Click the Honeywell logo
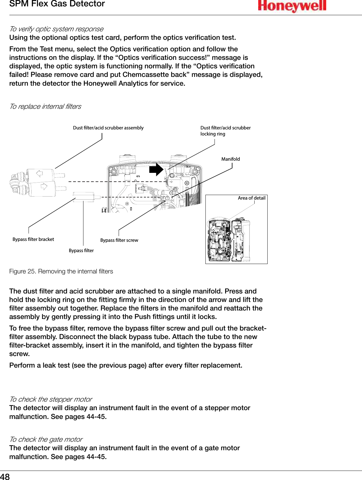point(292,6)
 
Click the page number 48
point(5,476)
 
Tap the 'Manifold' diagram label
point(230,159)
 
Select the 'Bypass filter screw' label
point(119,240)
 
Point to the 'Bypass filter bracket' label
point(33,239)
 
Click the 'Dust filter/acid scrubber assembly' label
point(108,128)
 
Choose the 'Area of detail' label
point(252,198)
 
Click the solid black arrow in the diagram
point(156,170)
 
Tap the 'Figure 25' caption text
point(61,271)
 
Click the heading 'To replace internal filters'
point(45,106)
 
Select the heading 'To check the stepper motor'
point(51,399)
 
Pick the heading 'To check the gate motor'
point(46,439)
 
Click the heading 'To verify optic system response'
point(56,29)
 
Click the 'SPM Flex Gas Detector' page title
point(57,4)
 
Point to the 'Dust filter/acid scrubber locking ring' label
point(225,131)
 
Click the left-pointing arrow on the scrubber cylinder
point(39,174)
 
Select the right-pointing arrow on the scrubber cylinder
point(44,186)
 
